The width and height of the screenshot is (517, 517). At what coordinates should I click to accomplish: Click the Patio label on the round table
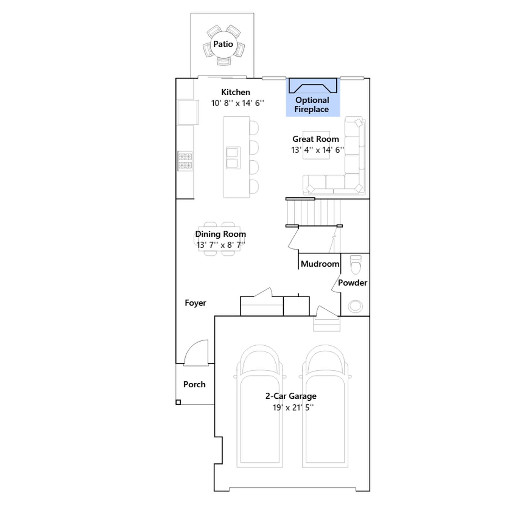pyautogui.click(x=223, y=44)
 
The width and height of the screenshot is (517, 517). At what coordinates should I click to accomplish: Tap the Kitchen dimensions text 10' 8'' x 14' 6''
pyautogui.click(x=237, y=103)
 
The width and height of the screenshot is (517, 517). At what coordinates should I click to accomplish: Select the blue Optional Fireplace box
pyautogui.click(x=313, y=97)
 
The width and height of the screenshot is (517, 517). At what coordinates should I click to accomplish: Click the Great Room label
pyautogui.click(x=316, y=139)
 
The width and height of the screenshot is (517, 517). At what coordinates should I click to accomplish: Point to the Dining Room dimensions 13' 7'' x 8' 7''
pyautogui.click(x=221, y=245)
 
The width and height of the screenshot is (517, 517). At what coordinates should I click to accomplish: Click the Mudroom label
pyautogui.click(x=320, y=264)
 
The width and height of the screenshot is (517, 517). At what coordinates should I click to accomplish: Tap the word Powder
pyautogui.click(x=353, y=283)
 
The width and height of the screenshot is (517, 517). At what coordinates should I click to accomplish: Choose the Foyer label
pyautogui.click(x=195, y=303)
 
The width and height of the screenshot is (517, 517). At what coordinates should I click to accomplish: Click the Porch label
pyautogui.click(x=194, y=384)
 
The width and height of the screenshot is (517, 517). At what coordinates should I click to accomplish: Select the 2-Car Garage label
pyautogui.click(x=291, y=396)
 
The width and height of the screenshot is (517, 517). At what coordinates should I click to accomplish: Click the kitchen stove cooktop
pyautogui.click(x=185, y=161)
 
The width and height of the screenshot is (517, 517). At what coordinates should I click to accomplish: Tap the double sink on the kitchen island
pyautogui.click(x=233, y=158)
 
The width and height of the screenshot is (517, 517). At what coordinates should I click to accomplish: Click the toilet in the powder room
pyautogui.click(x=355, y=264)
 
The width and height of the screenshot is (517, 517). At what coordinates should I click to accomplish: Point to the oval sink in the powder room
pyautogui.click(x=355, y=306)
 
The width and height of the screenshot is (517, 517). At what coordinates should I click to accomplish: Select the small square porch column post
pyautogui.click(x=178, y=402)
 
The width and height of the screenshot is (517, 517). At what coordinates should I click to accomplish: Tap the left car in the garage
pyautogui.click(x=260, y=406)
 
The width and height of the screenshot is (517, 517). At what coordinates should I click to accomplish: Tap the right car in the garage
pyautogui.click(x=325, y=406)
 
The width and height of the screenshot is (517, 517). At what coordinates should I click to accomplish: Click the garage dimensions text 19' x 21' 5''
pyautogui.click(x=293, y=407)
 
